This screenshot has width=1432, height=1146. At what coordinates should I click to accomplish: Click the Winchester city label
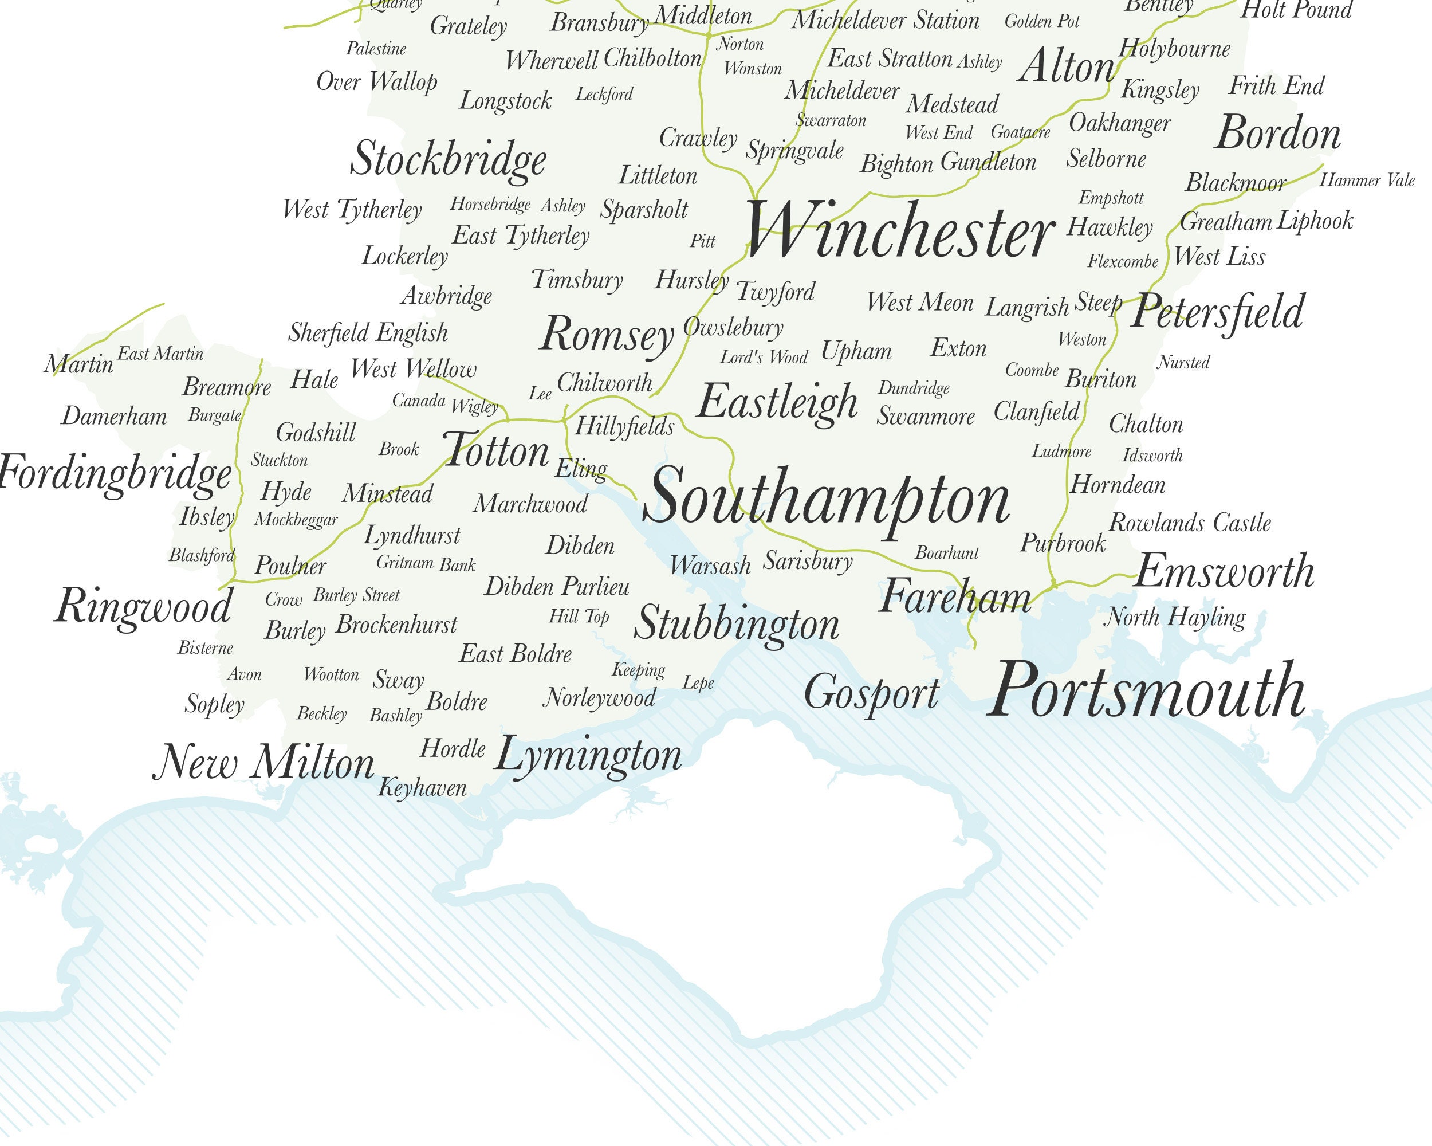click(x=900, y=231)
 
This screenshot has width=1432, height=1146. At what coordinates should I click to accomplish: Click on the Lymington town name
click(x=588, y=756)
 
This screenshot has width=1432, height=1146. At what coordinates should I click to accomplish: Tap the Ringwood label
click(x=143, y=607)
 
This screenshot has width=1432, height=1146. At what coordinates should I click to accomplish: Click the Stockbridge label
click(x=449, y=159)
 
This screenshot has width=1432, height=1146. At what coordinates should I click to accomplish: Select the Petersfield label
click(x=1217, y=312)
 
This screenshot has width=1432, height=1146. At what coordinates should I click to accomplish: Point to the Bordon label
click(x=1277, y=134)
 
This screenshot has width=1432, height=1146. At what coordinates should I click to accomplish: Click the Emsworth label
click(x=1224, y=572)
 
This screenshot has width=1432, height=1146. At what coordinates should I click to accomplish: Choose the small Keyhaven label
click(x=422, y=788)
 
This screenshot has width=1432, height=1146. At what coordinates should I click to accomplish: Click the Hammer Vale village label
click(x=1367, y=180)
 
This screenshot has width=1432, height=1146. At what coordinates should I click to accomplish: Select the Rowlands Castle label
click(x=1190, y=523)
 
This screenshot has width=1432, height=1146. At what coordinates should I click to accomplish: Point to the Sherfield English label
click(x=368, y=333)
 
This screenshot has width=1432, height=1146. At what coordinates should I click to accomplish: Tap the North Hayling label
click(x=1174, y=617)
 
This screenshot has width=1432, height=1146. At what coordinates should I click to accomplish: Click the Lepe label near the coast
click(x=698, y=683)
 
